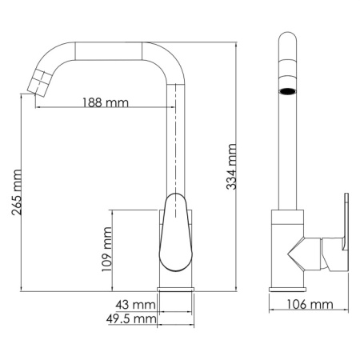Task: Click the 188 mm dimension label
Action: [x=106, y=102]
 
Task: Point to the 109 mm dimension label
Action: [x=107, y=250]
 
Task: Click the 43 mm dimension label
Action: [x=134, y=306]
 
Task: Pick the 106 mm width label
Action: [x=311, y=304]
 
